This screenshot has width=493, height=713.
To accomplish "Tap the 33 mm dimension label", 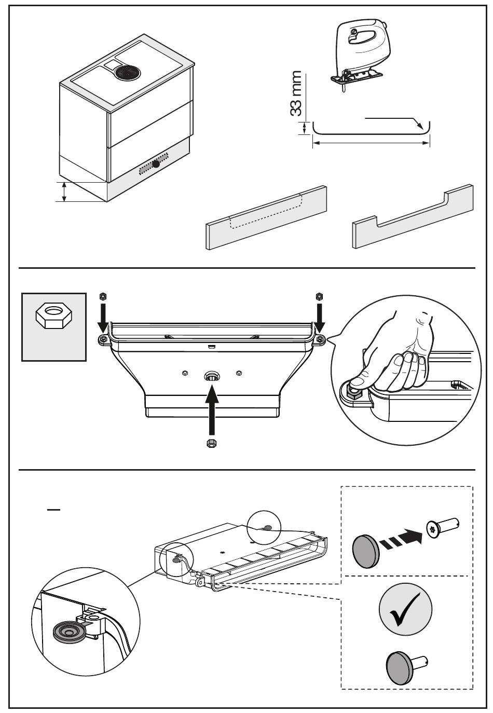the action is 296,93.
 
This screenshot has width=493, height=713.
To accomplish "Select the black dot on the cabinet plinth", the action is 156,163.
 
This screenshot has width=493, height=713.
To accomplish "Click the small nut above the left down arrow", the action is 103,296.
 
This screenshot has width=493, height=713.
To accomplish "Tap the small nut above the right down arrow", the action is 319,296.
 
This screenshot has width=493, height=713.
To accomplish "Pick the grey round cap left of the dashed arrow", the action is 366,551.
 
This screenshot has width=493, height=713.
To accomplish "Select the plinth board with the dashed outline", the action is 266,218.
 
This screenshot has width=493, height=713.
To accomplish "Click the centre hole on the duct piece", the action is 212,376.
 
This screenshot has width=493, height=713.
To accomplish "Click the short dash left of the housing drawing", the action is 53,510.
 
